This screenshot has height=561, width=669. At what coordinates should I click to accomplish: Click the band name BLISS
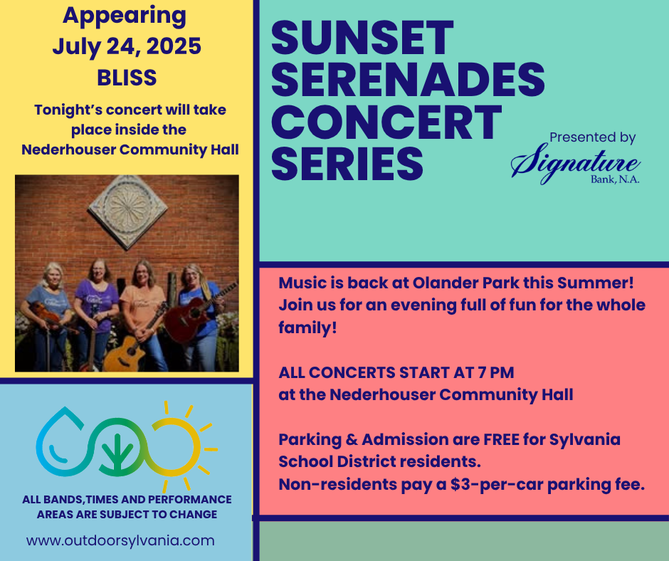127,78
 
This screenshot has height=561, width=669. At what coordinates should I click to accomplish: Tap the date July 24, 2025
127,46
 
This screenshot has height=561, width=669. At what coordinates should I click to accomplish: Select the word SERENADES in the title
408,80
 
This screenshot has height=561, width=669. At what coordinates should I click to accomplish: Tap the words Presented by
593,137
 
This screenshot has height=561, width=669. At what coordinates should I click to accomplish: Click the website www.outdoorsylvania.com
120,540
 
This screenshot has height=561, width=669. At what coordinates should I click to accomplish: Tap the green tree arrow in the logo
117,451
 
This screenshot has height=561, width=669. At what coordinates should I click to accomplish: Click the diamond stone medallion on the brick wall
127,212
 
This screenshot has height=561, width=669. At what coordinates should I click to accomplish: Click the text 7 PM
496,372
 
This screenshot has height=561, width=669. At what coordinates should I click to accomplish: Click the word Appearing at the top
125,16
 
